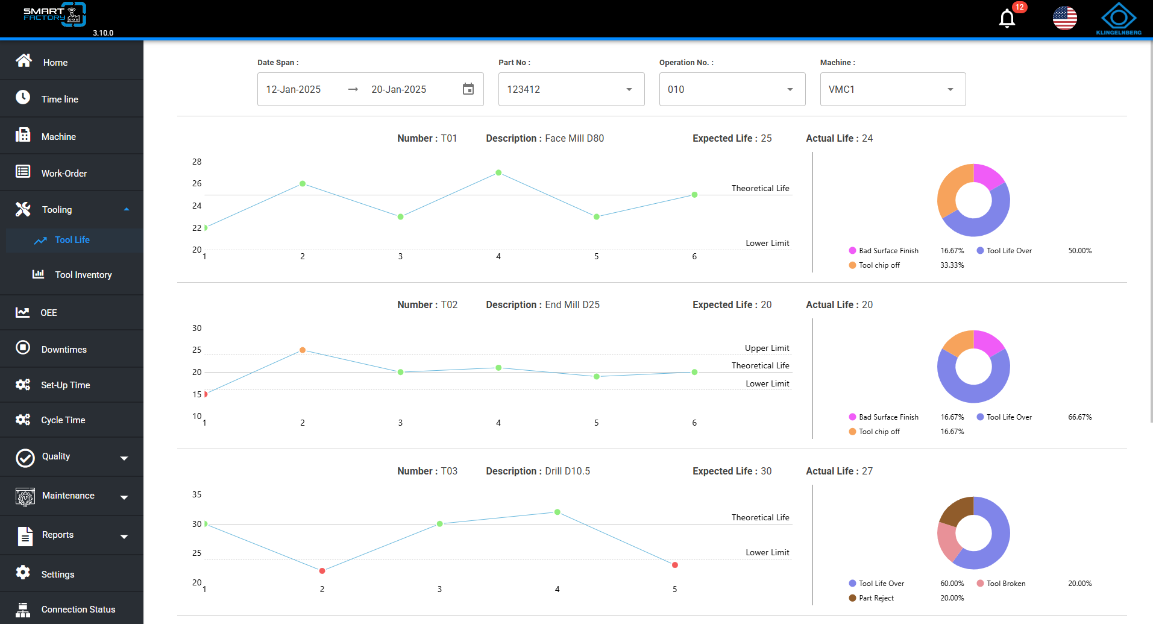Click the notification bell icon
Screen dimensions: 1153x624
coord(1007,19)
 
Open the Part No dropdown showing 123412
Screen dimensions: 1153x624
coord(571,89)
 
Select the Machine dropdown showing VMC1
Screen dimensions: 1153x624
coord(893,89)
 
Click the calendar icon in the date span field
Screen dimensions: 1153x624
coord(468,89)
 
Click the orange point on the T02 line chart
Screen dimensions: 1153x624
coord(303,350)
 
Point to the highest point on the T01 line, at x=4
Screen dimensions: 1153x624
coord(498,173)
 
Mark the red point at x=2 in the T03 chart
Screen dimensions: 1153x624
coord(322,571)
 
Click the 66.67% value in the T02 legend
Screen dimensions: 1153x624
coord(1079,417)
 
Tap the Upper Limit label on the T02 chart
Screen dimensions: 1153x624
coord(767,348)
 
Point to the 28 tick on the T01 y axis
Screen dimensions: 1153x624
coord(197,162)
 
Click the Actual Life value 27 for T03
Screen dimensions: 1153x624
coord(867,471)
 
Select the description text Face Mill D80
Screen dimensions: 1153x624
coord(574,138)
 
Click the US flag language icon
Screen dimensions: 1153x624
coord(1065,18)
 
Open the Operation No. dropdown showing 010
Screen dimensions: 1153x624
coord(732,89)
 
